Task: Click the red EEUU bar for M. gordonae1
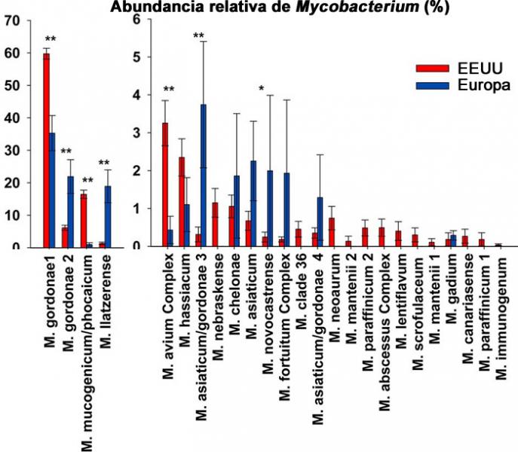pyautogui.click(x=46, y=151)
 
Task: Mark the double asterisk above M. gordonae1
pyautogui.click(x=51, y=39)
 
